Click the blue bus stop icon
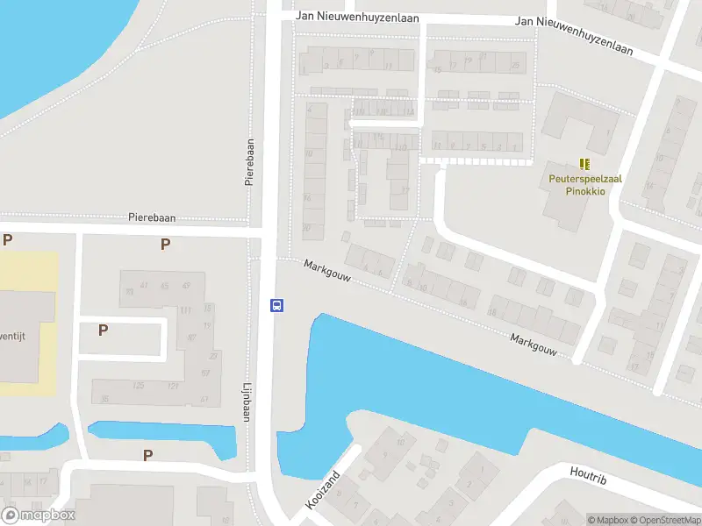pos(276,305)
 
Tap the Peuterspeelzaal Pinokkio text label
pos(585,183)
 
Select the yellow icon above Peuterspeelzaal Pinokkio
pos(585,164)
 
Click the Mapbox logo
pos(39,515)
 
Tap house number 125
pos(138,386)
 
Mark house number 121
pos(174,386)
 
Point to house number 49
pos(187,285)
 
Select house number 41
pos(143,285)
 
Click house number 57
pos(204,373)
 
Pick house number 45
pos(165,285)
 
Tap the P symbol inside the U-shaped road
pos(103,331)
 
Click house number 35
pos(105,399)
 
